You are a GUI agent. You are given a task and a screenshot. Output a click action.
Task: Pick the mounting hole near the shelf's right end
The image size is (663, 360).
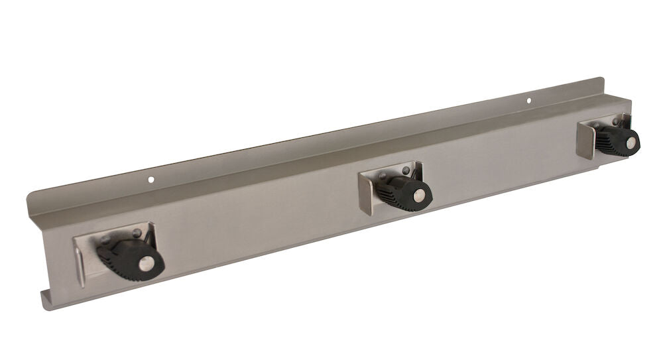[529, 101]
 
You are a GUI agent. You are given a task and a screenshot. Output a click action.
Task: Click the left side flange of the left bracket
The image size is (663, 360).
[79, 261]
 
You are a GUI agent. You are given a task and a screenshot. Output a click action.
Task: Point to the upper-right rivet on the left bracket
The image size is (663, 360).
[137, 232]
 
